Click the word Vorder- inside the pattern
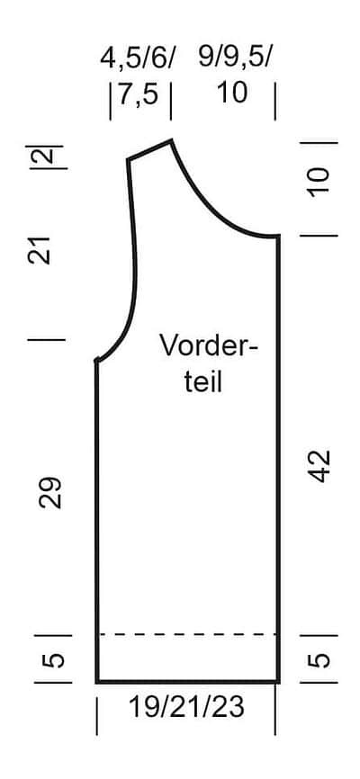click(209, 345)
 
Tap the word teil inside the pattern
click(202, 382)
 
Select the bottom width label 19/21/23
click(186, 707)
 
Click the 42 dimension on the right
click(319, 466)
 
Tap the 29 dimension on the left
click(50, 493)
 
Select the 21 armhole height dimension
click(40, 250)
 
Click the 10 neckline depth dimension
click(319, 183)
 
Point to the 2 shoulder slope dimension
click(47, 157)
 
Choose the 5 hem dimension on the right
click(319, 659)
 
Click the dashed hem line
click(188, 634)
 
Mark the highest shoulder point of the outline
click(172, 141)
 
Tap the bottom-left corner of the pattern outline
click(97, 682)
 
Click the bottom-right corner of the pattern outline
click(278, 682)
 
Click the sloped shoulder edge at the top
click(149, 150)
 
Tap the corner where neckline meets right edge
click(278, 237)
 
